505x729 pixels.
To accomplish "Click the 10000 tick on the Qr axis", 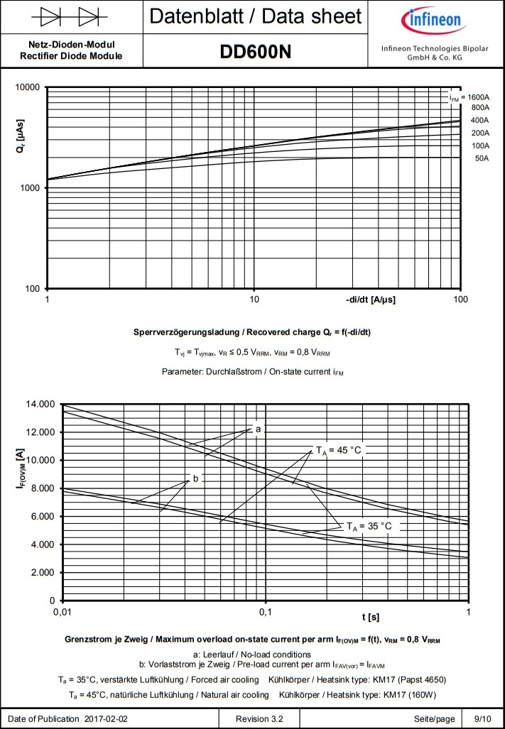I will (28, 87).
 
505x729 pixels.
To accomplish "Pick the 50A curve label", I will (482, 158).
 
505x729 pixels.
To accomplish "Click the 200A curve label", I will (481, 133).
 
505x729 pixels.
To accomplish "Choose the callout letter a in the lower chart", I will (259, 429).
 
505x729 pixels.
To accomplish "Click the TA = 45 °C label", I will (339, 449).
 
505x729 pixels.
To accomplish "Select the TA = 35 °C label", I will (369, 526).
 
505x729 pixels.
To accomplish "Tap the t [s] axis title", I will (369, 616).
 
